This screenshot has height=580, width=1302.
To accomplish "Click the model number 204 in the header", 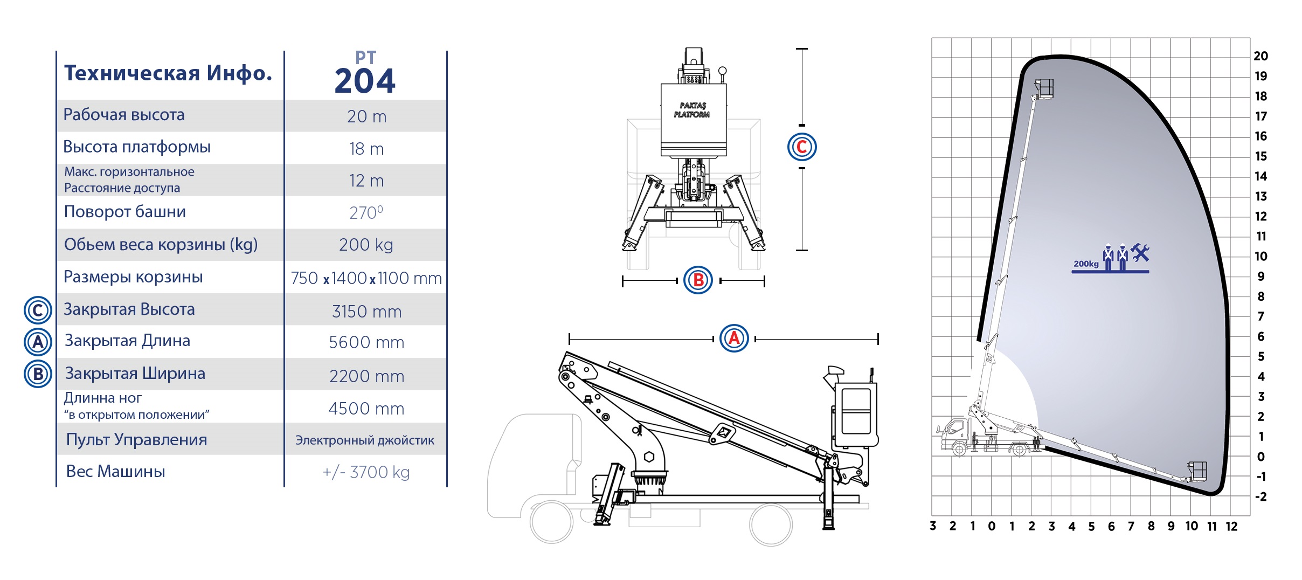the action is click(365, 81).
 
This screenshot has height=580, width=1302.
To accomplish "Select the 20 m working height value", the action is click(366, 116).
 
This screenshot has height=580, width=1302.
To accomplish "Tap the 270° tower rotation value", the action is click(366, 212).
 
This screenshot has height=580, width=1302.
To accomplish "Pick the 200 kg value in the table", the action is click(366, 245).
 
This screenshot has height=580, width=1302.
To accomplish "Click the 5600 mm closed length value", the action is click(366, 342).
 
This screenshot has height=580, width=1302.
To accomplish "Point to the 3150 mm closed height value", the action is click(366, 312).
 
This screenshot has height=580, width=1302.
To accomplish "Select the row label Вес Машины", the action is click(115, 472).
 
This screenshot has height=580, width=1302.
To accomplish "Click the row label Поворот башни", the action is click(124, 212).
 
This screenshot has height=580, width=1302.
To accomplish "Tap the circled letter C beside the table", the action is click(38, 310).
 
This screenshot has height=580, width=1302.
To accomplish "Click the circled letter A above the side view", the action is click(734, 339).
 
